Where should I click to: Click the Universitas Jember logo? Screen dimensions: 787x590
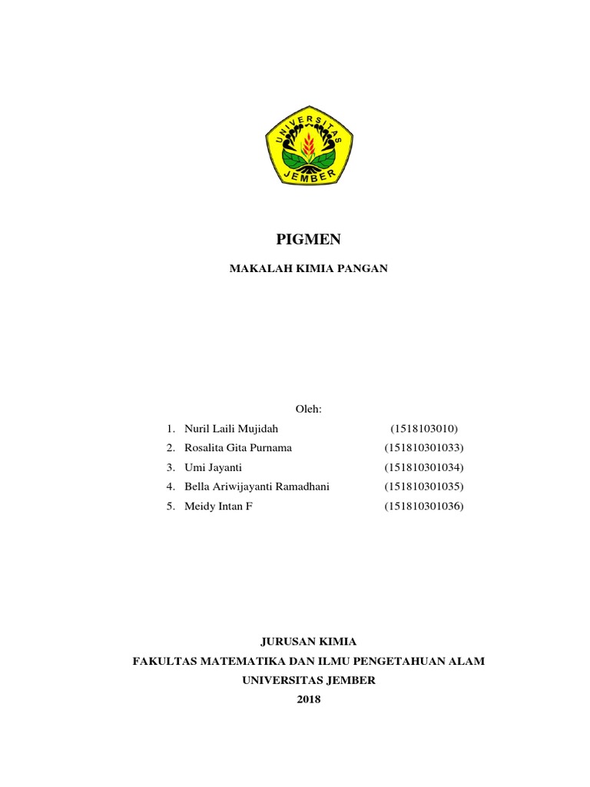(310, 146)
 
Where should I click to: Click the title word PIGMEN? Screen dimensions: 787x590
(309, 241)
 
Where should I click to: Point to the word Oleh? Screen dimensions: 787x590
(308, 408)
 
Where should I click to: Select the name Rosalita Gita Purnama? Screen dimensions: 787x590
(238, 447)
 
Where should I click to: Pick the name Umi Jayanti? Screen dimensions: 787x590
(213, 467)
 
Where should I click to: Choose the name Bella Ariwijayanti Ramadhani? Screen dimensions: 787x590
(257, 486)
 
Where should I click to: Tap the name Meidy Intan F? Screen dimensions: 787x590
(218, 506)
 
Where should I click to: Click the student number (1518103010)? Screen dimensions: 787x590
(424, 428)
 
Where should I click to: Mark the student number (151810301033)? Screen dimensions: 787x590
(425, 447)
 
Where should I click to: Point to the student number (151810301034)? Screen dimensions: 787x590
(425, 467)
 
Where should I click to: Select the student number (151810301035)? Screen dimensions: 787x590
(425, 486)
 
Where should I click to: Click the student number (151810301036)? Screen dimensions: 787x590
(425, 506)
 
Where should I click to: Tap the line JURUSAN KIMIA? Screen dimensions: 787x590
(309, 641)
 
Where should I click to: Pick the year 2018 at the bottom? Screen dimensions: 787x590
(309, 699)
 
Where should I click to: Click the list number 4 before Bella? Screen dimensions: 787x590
(170, 486)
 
